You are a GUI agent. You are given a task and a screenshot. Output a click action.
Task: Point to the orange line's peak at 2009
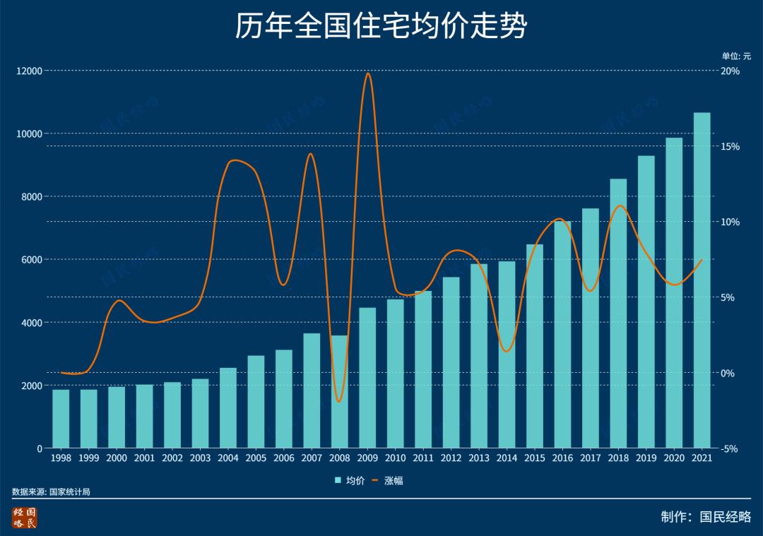pyautogui.click(x=367, y=73)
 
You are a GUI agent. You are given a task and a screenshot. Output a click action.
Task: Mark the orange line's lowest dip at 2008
pyautogui.click(x=339, y=401)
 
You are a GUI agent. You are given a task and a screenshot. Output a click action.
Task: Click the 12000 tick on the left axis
pyautogui.click(x=30, y=71)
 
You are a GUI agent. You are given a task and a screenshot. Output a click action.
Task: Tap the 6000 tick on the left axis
pyautogui.click(x=32, y=260)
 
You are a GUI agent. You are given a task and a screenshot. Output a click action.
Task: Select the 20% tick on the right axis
pyautogui.click(x=730, y=71)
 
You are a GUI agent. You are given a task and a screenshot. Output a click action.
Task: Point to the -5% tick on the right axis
pyautogui.click(x=730, y=448)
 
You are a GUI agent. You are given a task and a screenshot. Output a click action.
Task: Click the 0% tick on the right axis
pyautogui.click(x=728, y=373)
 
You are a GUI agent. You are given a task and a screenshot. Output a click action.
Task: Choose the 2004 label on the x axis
pyautogui.click(x=228, y=458)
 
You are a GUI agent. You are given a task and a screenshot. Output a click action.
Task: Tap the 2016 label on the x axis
pyautogui.click(x=562, y=458)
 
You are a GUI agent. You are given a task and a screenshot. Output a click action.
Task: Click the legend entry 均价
pyautogui.click(x=351, y=481)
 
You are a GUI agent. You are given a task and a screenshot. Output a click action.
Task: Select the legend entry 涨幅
pyautogui.click(x=389, y=481)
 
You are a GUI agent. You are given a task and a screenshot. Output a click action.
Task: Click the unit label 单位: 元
pyautogui.click(x=736, y=56)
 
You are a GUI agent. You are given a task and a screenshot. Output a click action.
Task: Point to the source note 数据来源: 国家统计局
pyautogui.click(x=51, y=492)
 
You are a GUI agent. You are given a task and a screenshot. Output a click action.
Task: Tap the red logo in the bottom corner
pyautogui.click(x=24, y=518)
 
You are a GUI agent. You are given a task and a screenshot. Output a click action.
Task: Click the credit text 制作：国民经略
pyautogui.click(x=706, y=517)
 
